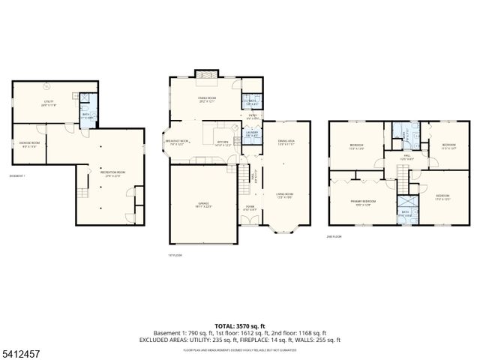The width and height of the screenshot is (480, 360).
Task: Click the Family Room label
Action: (206, 99)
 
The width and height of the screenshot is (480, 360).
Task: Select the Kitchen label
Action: (223, 144)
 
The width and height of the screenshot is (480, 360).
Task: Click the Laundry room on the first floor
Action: (252, 134)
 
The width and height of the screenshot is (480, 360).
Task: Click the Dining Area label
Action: (286, 142)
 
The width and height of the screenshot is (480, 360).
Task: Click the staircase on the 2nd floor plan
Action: (403, 178)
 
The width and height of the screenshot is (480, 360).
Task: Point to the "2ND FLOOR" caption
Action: (334, 236)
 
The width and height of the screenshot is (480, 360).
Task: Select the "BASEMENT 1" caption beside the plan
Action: (17, 176)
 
